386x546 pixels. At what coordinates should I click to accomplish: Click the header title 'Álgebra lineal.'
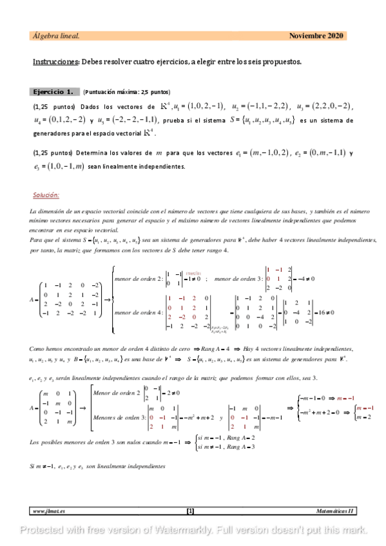pyautogui.click(x=56, y=36)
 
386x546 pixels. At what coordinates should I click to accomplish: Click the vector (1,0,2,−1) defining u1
pyautogui.click(x=201, y=106)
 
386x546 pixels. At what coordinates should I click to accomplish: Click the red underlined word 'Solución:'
pyautogui.click(x=46, y=194)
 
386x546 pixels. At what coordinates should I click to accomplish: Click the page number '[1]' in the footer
pyautogui.click(x=190, y=511)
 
